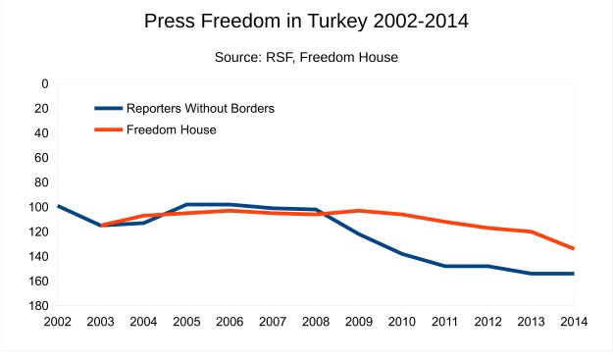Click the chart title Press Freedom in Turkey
pos(306,21)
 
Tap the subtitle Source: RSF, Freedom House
pos(306,58)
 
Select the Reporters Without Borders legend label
pos(200,108)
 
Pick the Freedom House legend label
pos(172,129)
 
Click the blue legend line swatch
pos(108,108)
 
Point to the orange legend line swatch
pos(108,129)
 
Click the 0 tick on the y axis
pos(44,83)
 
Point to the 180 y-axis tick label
pos(38,306)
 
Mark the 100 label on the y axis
pos(38,207)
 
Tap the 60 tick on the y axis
pos(41,158)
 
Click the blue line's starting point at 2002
pos(59,206)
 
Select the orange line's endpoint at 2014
pos(573,248)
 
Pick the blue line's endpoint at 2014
pos(573,274)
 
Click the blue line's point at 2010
pos(401,253)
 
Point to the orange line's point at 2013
pos(531,231)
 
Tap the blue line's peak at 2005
pos(187,204)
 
